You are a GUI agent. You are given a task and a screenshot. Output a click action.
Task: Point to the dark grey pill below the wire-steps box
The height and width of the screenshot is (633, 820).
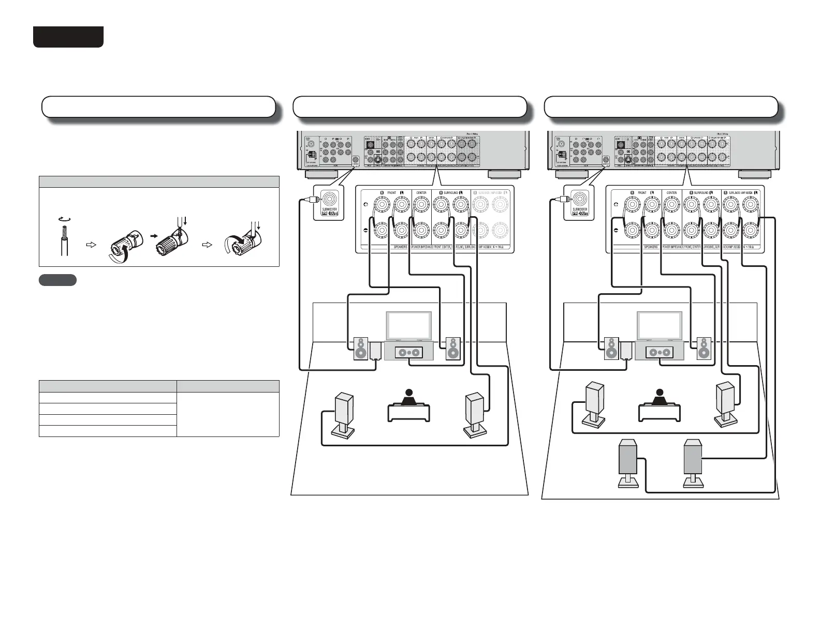point(57,280)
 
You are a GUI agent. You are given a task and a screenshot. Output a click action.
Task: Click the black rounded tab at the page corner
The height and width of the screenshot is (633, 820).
point(68,37)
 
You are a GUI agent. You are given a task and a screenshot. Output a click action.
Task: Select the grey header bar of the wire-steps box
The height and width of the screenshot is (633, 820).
point(159,182)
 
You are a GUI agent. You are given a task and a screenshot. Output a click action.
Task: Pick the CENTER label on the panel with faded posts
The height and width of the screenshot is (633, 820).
point(421,193)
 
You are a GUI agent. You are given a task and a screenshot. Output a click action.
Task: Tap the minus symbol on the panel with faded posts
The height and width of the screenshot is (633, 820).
point(366,230)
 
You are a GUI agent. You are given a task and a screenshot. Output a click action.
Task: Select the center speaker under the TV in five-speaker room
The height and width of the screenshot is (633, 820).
point(409,353)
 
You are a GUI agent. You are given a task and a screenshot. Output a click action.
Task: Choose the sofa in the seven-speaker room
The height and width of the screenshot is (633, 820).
point(659,411)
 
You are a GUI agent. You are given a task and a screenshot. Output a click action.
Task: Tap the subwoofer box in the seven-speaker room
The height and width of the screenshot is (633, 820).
point(626,351)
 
